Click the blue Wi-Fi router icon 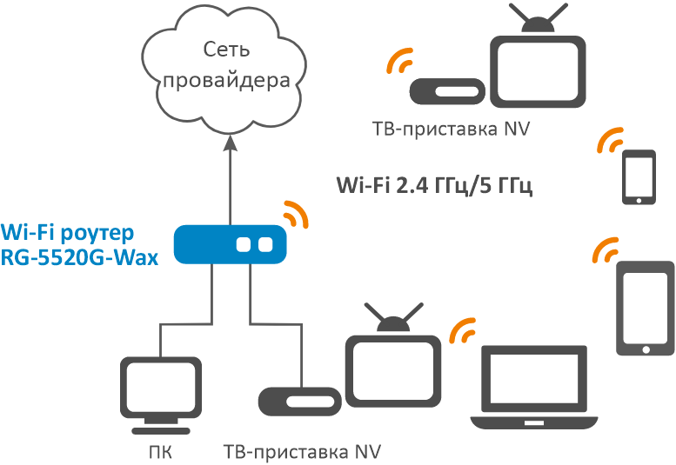pos(230,244)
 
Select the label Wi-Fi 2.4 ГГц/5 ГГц pos(433,186)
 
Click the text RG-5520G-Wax pos(79,256)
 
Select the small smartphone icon pos(639,177)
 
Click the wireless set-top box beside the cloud pos(445,90)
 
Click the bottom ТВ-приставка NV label pos(302,452)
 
